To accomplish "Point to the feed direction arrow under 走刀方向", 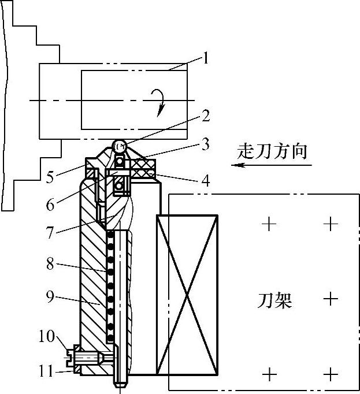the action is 272,165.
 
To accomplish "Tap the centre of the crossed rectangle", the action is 187,293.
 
